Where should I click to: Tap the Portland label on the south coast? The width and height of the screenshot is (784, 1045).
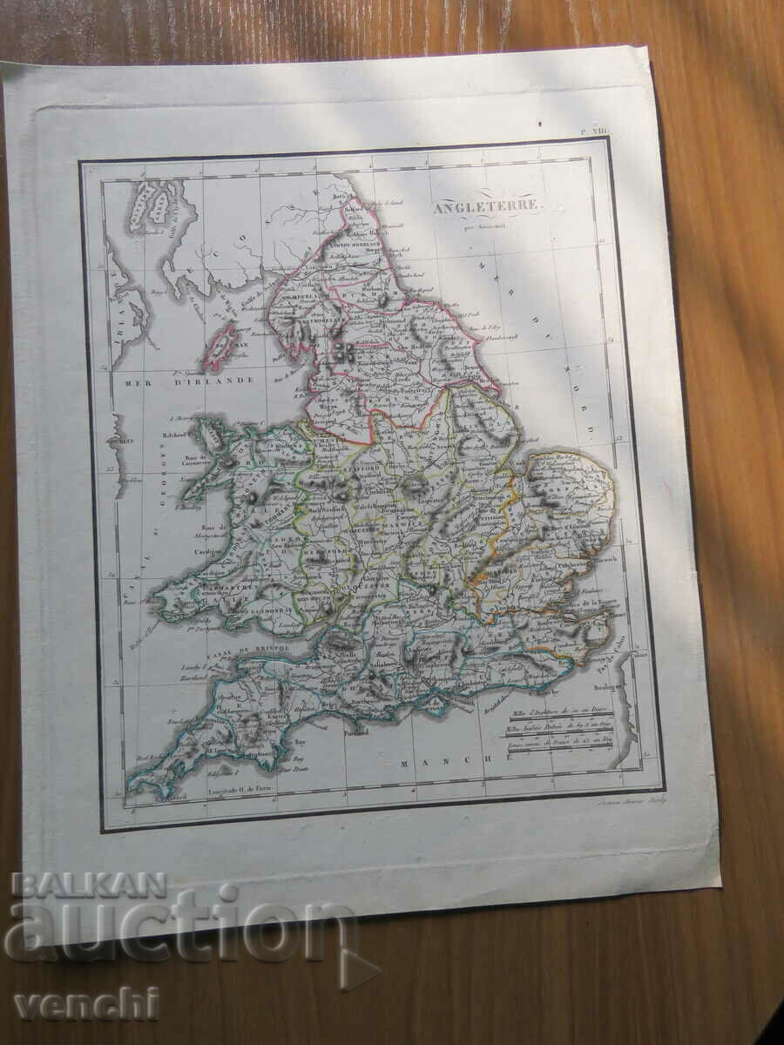click(x=356, y=733)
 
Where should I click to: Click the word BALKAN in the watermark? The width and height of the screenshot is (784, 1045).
click(x=90, y=886)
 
